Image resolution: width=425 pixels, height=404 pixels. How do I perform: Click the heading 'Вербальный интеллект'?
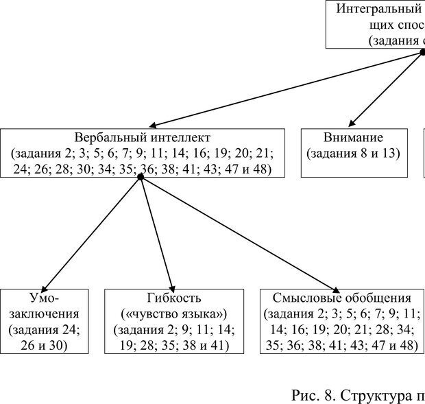click(x=142, y=137)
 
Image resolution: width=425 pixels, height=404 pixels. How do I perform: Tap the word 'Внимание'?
click(x=352, y=137)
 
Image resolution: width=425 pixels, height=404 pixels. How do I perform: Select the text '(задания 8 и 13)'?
click(x=352, y=153)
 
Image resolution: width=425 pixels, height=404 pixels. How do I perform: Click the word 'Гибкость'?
click(x=174, y=298)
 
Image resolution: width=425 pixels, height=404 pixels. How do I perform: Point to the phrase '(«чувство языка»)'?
click(x=174, y=313)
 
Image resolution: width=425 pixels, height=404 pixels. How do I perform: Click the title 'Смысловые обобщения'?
click(x=341, y=298)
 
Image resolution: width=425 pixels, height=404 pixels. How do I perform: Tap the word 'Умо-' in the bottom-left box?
click(x=45, y=298)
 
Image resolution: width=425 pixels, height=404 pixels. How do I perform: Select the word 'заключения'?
click(x=45, y=313)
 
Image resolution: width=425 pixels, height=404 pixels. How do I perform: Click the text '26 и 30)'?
click(x=45, y=345)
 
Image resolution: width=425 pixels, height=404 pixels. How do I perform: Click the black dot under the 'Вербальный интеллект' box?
click(x=141, y=177)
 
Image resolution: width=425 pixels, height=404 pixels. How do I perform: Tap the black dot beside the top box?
click(x=423, y=52)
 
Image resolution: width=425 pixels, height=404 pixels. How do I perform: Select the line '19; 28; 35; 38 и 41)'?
click(x=174, y=345)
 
